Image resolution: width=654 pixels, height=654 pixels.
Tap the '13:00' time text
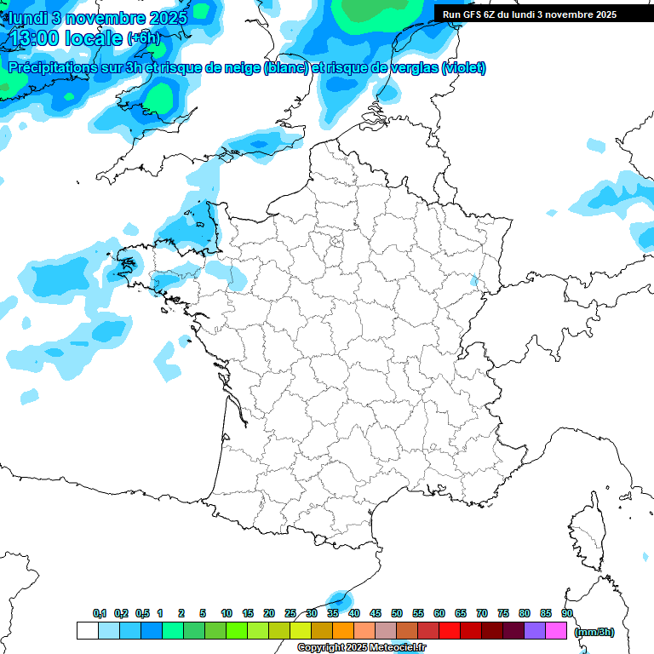[38, 38]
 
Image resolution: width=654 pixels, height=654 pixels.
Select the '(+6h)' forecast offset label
[143, 39]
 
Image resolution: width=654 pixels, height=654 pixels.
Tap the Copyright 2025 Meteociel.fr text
[361, 648]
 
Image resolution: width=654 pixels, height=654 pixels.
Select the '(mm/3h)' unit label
[594, 631]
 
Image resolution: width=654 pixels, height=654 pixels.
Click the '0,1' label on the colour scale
[100, 613]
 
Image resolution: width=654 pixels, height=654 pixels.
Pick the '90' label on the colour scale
[567, 613]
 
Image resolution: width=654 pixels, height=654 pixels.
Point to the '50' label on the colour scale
[397, 613]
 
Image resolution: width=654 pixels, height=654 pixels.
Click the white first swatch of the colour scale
[87, 630]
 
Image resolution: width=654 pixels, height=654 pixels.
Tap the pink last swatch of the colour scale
[556, 630]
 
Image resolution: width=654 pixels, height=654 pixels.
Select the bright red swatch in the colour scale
[450, 630]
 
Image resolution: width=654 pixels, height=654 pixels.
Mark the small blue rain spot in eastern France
[474, 280]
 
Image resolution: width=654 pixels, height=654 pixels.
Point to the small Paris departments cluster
[336, 243]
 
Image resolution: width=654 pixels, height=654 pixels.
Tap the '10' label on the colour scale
[227, 613]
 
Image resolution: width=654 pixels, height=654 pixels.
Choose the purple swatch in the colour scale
[535, 630]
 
